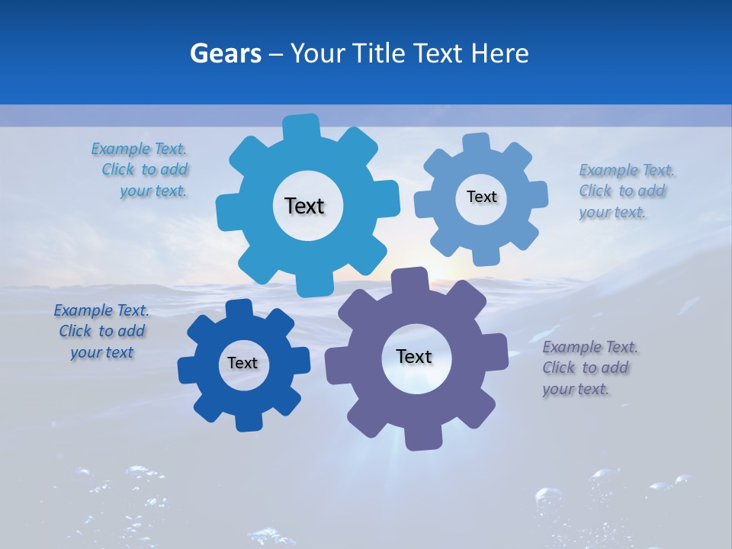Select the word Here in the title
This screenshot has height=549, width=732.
499,53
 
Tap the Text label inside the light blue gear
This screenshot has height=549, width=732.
304,206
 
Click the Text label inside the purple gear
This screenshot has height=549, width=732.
414,356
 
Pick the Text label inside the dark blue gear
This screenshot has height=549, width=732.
242,363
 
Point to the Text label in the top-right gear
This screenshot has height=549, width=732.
481,197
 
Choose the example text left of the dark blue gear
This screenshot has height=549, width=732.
102,331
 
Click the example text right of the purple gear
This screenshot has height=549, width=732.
588,368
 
